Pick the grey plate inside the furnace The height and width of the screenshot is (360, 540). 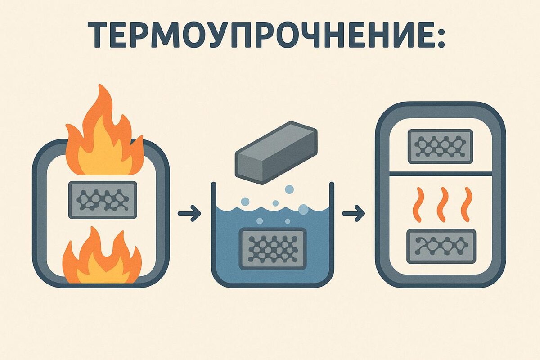point(103,200)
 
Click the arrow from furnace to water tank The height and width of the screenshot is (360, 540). point(189,213)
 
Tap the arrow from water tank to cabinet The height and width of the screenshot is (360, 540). point(353,213)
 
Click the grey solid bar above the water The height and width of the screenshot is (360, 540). point(276,152)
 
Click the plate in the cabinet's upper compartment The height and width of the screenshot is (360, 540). point(440,146)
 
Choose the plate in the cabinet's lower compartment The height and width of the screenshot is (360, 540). point(441,246)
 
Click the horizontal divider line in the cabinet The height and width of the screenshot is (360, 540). point(440,173)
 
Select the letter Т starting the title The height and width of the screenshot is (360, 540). point(98,34)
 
